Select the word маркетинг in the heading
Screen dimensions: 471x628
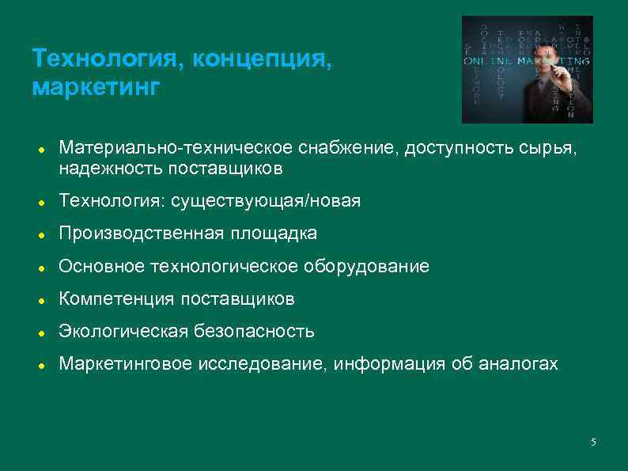[x=96, y=85]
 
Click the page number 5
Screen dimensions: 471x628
[x=593, y=441]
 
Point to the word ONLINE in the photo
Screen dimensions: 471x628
[x=487, y=60]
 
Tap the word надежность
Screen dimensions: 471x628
[x=110, y=168]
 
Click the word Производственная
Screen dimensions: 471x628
[x=142, y=234]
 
